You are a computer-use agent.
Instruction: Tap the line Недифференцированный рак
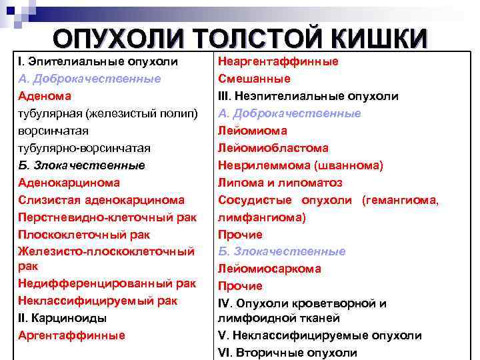pyautogui.click(x=107, y=284)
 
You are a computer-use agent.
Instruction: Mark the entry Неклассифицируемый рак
pyautogui.click(x=97, y=301)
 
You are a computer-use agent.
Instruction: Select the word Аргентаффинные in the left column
pyautogui.click(x=71, y=335)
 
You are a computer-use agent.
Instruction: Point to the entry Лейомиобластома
pyautogui.click(x=273, y=147)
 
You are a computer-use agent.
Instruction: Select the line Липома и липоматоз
pyautogui.click(x=280, y=182)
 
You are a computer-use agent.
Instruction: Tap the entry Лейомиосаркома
pyautogui.click(x=269, y=269)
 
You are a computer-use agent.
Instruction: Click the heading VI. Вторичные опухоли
pyautogui.click(x=287, y=353)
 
